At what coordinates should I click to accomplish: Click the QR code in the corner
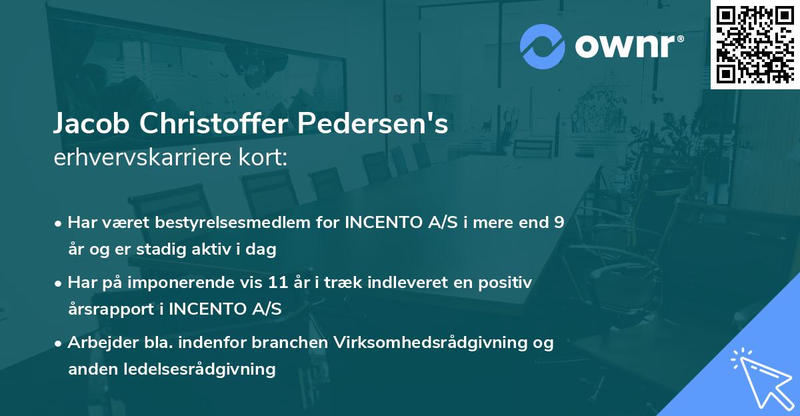click(755, 44)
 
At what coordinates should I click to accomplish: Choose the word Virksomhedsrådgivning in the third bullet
click(435, 343)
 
